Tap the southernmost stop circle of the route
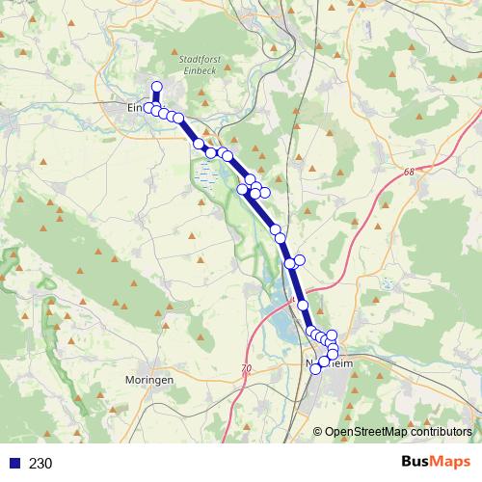pyautogui.click(x=315, y=369)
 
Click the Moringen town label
pyautogui.click(x=148, y=381)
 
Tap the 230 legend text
pyautogui.click(x=40, y=464)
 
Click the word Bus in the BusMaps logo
pyautogui.click(x=417, y=463)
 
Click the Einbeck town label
pyautogui.click(x=141, y=108)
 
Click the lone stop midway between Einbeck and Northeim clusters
pyautogui.click(x=276, y=229)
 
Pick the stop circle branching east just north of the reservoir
pyautogui.click(x=300, y=259)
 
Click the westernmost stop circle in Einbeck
pyautogui.click(x=150, y=107)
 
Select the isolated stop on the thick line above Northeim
pyautogui.click(x=303, y=305)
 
